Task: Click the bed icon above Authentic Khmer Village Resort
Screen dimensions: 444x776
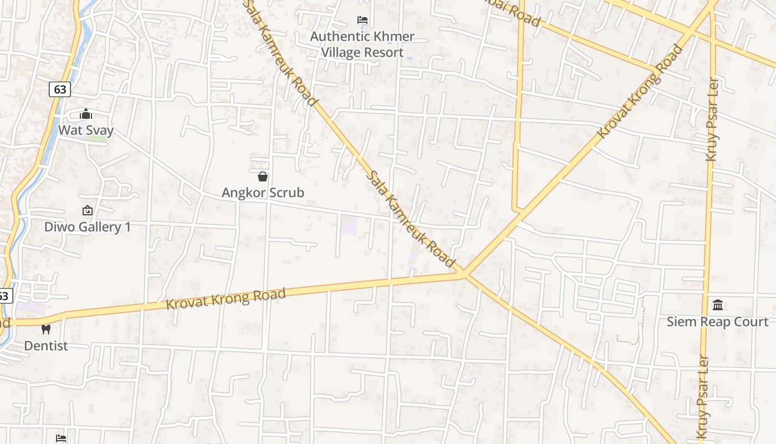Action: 363,20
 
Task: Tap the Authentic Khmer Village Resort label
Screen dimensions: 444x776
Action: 362,44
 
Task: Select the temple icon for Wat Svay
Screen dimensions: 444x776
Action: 86,114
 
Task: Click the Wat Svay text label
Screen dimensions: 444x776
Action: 86,131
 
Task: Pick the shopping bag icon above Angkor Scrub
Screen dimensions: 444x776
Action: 263,176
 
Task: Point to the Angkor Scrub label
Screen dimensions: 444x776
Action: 263,193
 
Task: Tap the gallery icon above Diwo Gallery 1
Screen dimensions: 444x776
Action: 87,210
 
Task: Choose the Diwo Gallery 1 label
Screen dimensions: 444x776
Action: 88,227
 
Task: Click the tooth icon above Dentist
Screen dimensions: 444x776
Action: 46,329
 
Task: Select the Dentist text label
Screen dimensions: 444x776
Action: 46,346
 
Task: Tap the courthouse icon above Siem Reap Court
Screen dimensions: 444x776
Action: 718,305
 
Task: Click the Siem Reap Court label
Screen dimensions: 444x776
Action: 717,322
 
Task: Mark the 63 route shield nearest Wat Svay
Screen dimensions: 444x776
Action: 60,89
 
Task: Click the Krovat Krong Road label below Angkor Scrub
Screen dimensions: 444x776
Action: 226,299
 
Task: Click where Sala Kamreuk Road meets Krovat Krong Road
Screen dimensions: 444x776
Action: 463,273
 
